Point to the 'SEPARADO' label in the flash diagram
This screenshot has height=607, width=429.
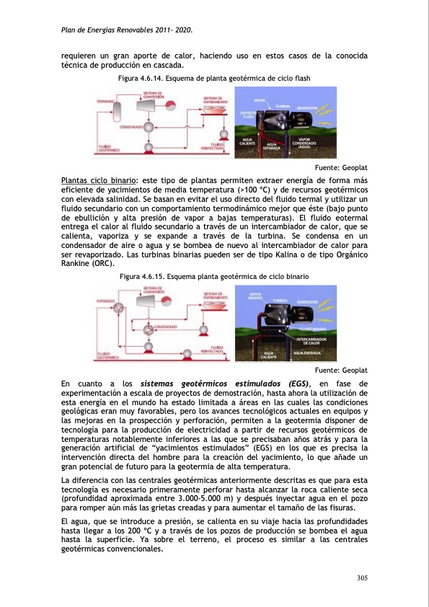[105, 102]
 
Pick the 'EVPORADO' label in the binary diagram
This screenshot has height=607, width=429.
[106, 300]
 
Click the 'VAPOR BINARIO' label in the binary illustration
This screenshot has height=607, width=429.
[255, 296]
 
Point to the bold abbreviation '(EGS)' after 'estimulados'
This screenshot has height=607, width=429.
[296, 383]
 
